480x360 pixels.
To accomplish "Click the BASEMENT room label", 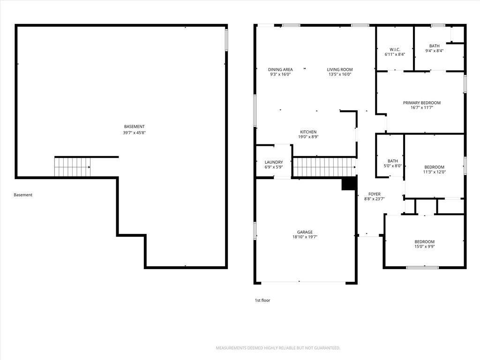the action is tap(134, 127).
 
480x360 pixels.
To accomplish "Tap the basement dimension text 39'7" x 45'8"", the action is tap(134, 133).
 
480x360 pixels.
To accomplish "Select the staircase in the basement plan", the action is tap(73, 167).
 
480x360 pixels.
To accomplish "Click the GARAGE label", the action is tap(305, 232).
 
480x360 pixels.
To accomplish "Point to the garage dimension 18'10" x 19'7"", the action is tap(305, 237).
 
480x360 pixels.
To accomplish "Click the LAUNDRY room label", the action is tap(274, 162).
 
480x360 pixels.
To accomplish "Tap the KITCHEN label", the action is tap(308, 132).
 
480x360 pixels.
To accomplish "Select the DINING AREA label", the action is tap(280, 69).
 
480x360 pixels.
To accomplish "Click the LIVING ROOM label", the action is tap(340, 69).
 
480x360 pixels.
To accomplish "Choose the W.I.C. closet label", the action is tap(395, 50).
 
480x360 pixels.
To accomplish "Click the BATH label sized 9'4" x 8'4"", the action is tap(435, 46).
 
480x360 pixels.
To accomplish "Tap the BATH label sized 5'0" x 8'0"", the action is tap(393, 161).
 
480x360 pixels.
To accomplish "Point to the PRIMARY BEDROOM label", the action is tap(422, 103).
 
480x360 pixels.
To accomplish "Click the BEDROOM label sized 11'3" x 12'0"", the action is tap(435, 167).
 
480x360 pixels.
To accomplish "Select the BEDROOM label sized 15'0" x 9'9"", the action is tap(425, 241).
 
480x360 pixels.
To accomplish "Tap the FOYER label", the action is tap(375, 194).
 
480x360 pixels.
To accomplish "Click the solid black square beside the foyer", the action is tap(349, 184).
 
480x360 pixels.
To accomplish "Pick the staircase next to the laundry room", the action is tap(324, 167).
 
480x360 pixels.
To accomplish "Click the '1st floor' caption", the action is tap(262, 300).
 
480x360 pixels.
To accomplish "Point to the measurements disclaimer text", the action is tap(278, 348).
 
